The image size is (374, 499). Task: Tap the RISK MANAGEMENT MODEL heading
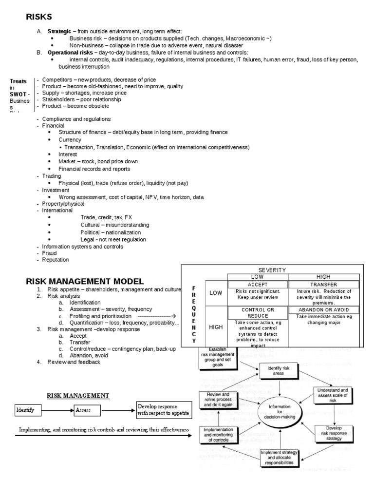point(84,281)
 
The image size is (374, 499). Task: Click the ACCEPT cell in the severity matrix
point(258,285)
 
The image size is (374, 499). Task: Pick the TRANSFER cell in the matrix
point(323,285)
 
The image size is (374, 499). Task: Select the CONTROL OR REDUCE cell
point(258,312)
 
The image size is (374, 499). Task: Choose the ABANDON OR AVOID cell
point(323,310)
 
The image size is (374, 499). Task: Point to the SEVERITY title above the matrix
point(272,270)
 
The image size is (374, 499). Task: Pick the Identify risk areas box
point(279,371)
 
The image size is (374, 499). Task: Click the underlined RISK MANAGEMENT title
point(78,395)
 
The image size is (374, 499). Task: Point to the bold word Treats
point(18,81)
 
